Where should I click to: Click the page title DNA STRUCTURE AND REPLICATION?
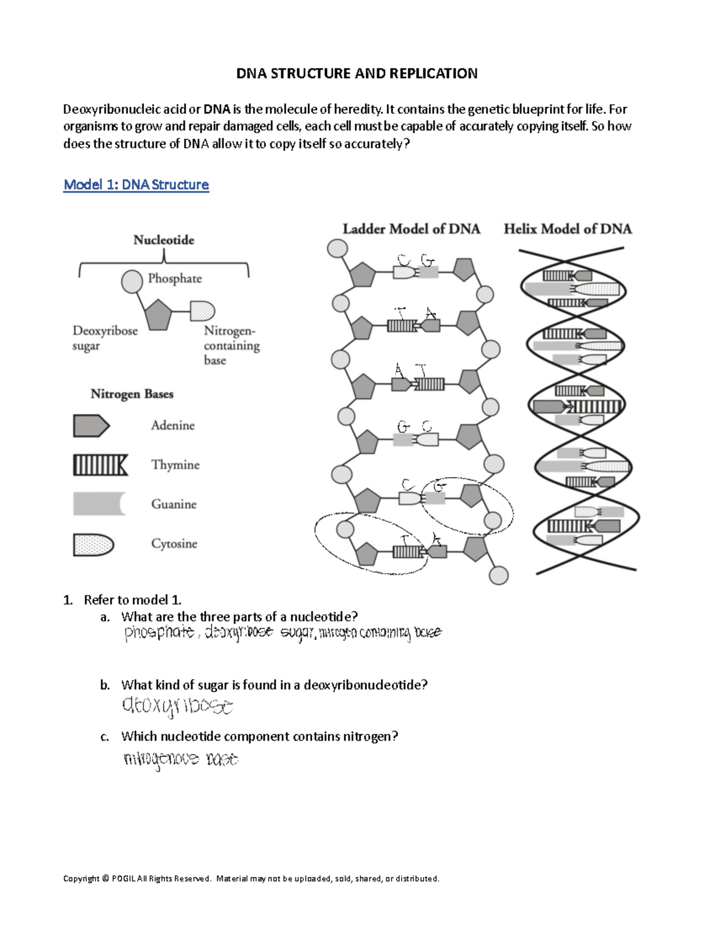click(356, 73)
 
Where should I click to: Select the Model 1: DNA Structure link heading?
click(136, 185)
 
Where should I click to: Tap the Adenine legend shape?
click(91, 426)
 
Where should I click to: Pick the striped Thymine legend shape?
click(100, 465)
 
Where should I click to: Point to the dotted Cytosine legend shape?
click(93, 544)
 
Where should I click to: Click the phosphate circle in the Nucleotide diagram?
click(132, 281)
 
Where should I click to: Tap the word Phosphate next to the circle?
click(175, 278)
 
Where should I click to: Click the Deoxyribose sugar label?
click(104, 338)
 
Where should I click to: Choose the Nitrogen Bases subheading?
click(132, 394)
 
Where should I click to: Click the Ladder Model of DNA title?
click(411, 229)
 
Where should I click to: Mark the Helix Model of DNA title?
click(567, 229)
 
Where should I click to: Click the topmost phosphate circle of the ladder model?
click(338, 249)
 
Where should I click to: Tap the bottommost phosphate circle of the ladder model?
click(499, 575)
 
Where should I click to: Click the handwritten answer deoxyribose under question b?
click(177, 706)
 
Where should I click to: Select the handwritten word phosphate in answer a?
click(159, 633)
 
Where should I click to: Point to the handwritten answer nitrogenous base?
click(181, 759)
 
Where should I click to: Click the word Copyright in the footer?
click(81, 878)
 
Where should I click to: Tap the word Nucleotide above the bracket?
click(164, 240)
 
